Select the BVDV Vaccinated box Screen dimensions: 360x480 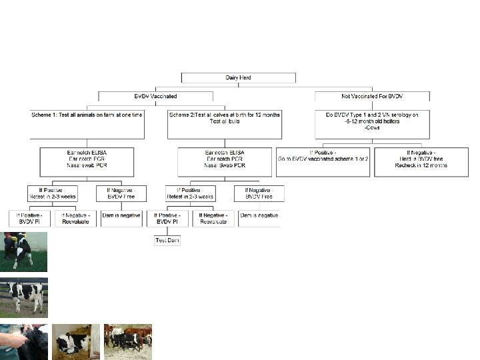point(155,96)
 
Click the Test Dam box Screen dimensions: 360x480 point(167,239)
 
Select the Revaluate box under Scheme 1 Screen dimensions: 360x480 point(75,218)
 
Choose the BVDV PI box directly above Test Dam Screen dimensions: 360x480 point(167,218)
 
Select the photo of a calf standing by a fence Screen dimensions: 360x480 point(23,297)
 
